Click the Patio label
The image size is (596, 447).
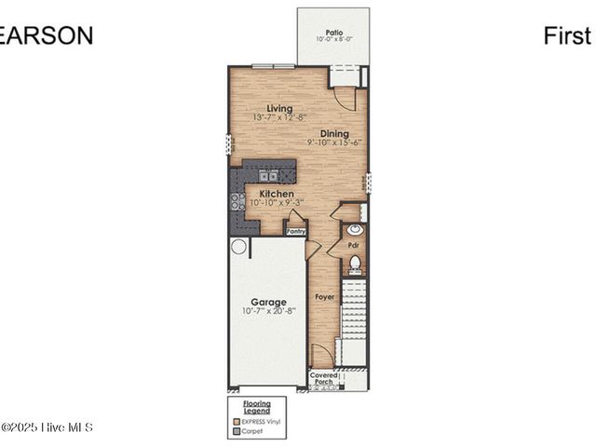tap(332, 32)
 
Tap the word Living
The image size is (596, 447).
tap(279, 108)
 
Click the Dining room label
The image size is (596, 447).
tap(334, 134)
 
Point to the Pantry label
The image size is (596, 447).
tap(295, 230)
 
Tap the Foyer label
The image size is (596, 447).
tap(324, 297)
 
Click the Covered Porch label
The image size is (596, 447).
tap(324, 378)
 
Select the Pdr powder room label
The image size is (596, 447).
tap(354, 246)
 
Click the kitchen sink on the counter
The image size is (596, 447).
tap(268, 174)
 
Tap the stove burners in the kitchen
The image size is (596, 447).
tap(237, 200)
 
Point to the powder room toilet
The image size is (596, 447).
tap(355, 264)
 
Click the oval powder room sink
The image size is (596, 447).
tap(354, 229)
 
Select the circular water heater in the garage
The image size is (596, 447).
tap(239, 247)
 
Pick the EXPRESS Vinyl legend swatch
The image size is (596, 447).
tap(236, 422)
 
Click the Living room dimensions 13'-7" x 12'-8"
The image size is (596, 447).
tap(279, 118)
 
